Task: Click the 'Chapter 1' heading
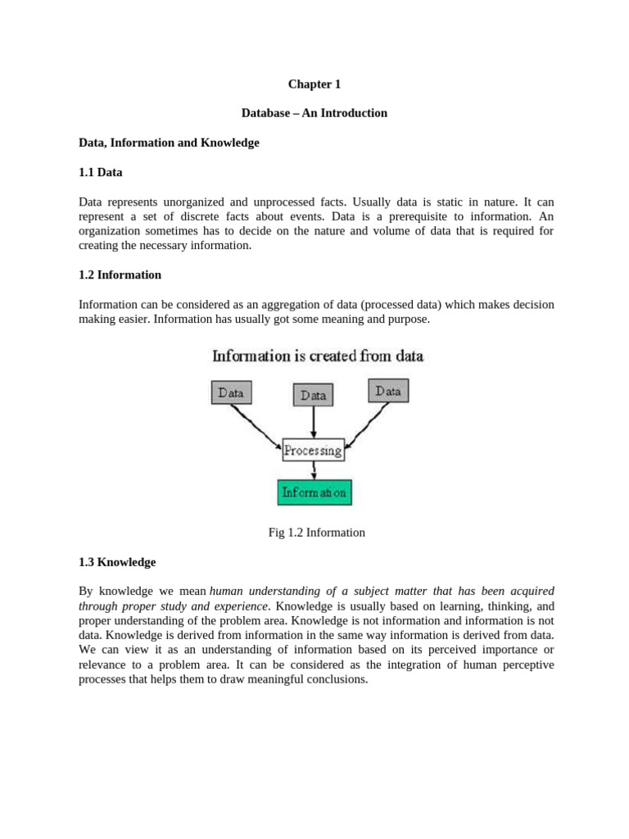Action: click(314, 84)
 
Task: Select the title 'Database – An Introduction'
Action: click(314, 113)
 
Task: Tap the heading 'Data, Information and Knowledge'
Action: click(169, 143)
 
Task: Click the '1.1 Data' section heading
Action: click(101, 172)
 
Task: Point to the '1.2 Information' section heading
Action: click(120, 274)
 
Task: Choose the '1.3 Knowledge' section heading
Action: click(117, 562)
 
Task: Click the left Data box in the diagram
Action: click(232, 392)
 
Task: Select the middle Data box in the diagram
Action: click(314, 395)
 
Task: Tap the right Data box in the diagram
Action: click(388, 391)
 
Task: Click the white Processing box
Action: click(313, 450)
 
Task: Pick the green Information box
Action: click(314, 492)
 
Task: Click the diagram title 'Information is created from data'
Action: click(318, 356)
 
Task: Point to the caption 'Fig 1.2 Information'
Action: click(317, 533)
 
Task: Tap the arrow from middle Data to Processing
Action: click(314, 421)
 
